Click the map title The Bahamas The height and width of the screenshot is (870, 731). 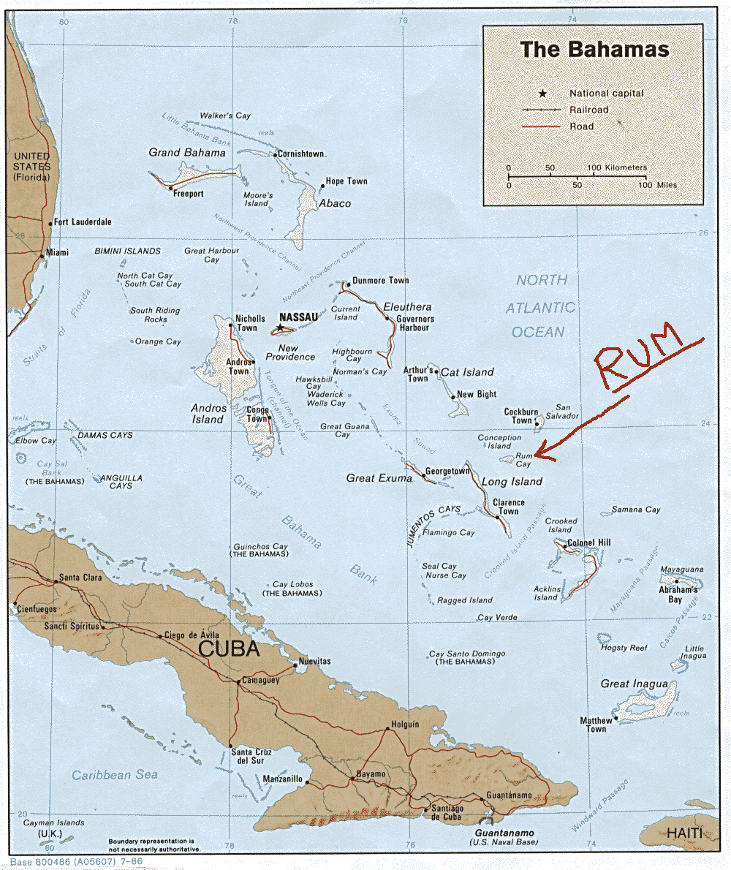pos(594,50)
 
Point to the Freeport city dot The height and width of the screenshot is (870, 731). pos(170,188)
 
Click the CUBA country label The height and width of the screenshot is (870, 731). pos(230,648)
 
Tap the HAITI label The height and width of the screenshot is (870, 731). pos(684,834)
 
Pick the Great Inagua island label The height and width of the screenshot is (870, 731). pos(634,684)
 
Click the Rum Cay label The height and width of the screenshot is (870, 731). pos(523,459)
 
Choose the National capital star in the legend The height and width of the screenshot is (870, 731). pos(542,94)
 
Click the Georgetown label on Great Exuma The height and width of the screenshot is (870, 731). pos(447,472)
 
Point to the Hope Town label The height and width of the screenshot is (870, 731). pos(346,181)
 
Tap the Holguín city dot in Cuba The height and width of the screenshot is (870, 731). pos(387,728)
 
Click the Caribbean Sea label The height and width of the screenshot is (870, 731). pos(115,774)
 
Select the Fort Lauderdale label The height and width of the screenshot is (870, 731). pos(83,222)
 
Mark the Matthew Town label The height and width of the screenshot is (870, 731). pos(596,725)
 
